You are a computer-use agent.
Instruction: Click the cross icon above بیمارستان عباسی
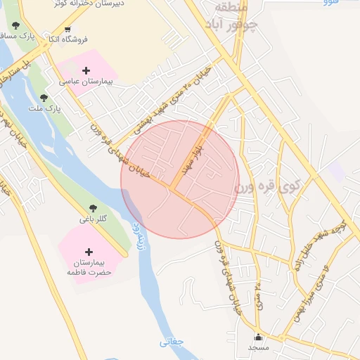(86, 70)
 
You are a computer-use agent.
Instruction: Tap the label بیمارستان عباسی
(86, 82)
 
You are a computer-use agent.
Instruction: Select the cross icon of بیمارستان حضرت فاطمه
(89, 252)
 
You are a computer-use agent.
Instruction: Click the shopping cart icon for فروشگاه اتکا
(67, 30)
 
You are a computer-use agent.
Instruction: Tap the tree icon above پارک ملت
(44, 98)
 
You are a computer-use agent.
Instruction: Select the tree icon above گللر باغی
(92, 207)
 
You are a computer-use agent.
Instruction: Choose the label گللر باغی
(93, 219)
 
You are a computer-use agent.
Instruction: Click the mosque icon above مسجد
(259, 337)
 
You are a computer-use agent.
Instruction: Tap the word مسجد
(259, 347)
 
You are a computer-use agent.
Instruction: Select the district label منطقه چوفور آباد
(236, 16)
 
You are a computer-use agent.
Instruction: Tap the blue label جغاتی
(171, 342)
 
